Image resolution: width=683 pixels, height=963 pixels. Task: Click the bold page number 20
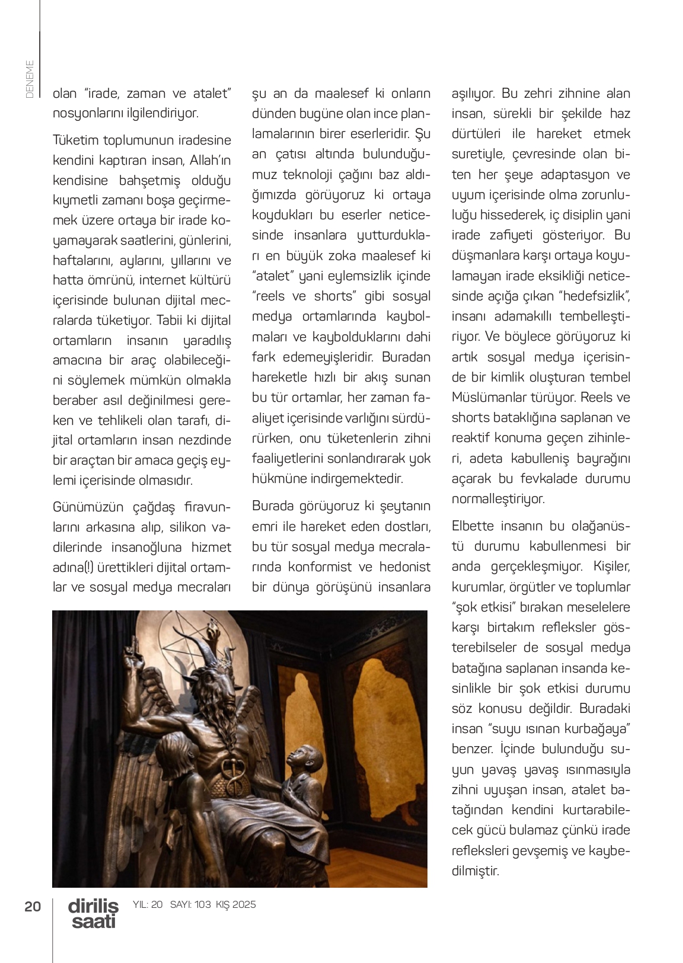pos(33,906)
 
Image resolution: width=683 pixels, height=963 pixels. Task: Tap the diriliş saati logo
pos(93,913)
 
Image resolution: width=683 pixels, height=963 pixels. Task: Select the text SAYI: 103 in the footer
pos(190,904)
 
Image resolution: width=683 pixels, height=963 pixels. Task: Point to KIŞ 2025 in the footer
pos(236,904)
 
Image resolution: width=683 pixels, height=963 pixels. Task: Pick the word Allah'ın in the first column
pos(210,161)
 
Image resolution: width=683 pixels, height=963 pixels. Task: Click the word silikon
pos(188,527)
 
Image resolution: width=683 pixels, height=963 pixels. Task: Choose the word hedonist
pos(405,567)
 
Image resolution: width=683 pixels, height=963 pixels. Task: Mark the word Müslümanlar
pos(496,397)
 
